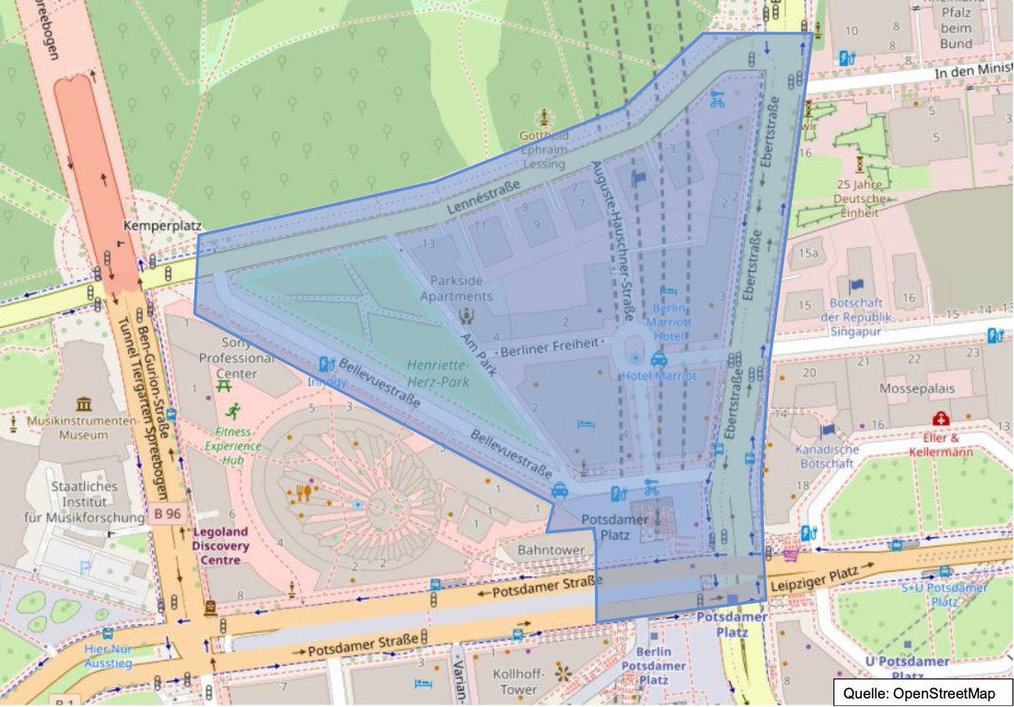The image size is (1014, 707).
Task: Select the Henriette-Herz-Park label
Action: [439, 374]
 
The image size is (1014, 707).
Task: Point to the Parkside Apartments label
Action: [461, 288]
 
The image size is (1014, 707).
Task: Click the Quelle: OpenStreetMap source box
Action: [920, 692]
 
